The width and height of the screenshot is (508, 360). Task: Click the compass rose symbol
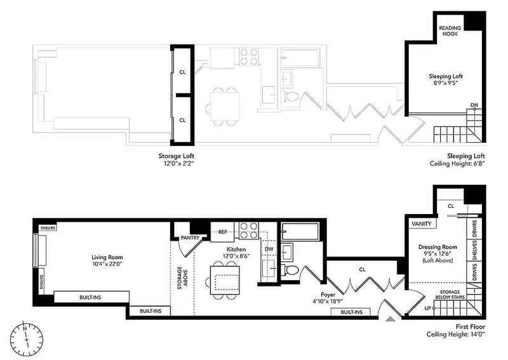click(x=26, y=338)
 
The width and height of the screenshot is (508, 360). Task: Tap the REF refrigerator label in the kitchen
click(x=223, y=232)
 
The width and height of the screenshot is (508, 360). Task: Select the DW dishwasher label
click(x=269, y=249)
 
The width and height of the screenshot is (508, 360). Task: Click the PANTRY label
click(x=190, y=238)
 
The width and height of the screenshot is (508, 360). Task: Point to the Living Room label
click(x=107, y=257)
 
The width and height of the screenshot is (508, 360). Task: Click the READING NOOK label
click(x=450, y=30)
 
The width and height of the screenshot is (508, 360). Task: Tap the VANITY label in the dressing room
click(x=422, y=223)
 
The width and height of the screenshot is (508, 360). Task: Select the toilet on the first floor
click(x=291, y=270)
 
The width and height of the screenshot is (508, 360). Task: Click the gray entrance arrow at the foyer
click(x=391, y=319)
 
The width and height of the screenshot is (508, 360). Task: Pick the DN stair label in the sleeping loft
click(x=474, y=105)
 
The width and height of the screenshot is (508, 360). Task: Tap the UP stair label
click(x=427, y=308)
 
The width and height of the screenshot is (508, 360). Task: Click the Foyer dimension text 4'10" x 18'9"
click(x=328, y=302)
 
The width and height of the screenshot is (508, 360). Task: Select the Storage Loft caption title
click(x=177, y=156)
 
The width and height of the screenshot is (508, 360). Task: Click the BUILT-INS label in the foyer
click(x=351, y=312)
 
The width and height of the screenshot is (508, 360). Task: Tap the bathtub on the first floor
click(x=300, y=231)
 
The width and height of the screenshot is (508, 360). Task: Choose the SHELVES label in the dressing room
click(x=474, y=250)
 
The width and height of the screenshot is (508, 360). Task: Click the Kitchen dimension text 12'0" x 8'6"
click(x=236, y=256)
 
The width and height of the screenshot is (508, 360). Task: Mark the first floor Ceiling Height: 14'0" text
click(x=455, y=335)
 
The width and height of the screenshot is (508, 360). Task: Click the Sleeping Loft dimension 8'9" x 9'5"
click(x=446, y=83)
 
